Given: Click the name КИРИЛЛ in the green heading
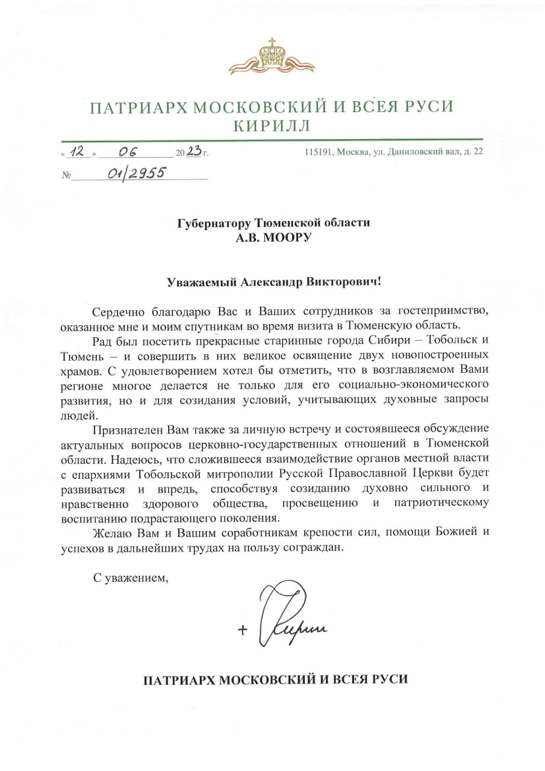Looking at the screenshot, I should (x=272, y=126).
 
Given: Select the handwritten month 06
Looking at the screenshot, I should (x=128, y=153).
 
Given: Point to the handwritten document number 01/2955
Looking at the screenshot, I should (x=137, y=174).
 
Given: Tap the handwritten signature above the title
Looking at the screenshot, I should (x=289, y=617).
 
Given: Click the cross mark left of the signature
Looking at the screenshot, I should (x=243, y=630).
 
